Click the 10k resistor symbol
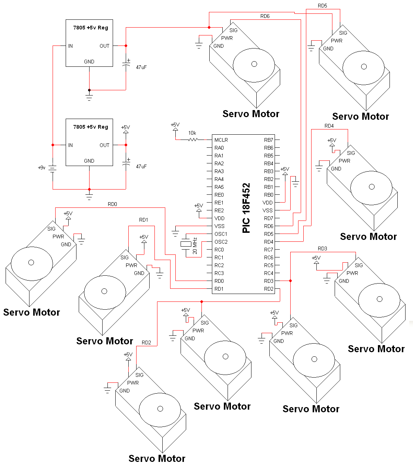coord(193,140)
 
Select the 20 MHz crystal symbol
coord(186,244)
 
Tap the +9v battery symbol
coord(53,169)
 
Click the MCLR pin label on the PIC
coord(221,140)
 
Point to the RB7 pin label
coord(269,140)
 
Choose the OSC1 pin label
coord(221,234)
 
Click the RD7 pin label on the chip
coord(269,218)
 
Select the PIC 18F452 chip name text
coord(246,208)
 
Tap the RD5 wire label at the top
coord(322,6)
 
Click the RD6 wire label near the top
coord(265,16)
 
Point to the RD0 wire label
coord(112,204)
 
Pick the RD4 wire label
coord(329,126)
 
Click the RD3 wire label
coord(322,248)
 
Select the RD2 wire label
coord(146,343)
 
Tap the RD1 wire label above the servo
coord(144,220)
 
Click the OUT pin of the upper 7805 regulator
coord(104,46)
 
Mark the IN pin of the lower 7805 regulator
coord(71,145)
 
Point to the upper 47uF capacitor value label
coord(141,67)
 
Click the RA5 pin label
coord(219,187)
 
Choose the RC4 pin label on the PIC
coord(269,273)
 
